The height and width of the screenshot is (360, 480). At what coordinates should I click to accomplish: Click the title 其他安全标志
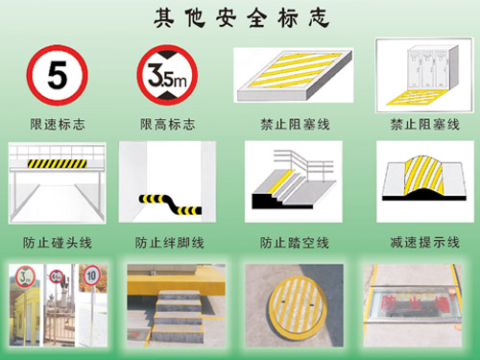[241, 18]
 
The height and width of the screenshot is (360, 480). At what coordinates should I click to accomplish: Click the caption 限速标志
[58, 124]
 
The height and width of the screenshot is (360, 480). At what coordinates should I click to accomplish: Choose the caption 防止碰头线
[58, 242]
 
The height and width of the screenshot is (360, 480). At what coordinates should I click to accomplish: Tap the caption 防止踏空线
[294, 242]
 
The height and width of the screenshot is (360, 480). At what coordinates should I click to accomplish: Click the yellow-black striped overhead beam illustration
[60, 163]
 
